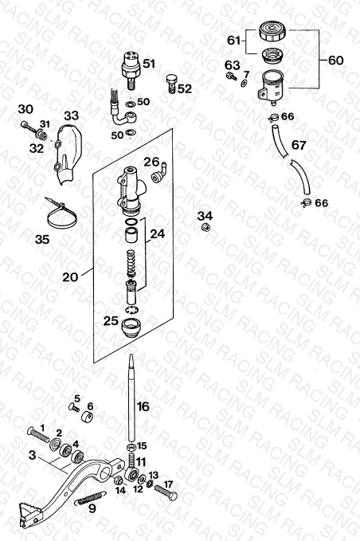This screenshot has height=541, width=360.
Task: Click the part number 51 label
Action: click(149, 64)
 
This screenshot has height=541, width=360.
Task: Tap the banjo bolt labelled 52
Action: click(170, 83)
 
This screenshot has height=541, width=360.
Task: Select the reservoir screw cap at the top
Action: click(272, 31)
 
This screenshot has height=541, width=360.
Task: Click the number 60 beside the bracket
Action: click(335, 61)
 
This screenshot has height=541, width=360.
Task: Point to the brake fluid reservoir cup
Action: click(270, 87)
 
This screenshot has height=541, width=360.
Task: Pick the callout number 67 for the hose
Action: click(299, 145)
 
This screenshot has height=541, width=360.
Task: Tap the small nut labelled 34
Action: click(205, 227)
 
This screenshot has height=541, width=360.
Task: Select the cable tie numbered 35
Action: click(61, 214)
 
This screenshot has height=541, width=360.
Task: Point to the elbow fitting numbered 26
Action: click(158, 174)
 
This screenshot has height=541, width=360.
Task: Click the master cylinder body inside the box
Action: click(131, 188)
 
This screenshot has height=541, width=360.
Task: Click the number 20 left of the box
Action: click(70, 276)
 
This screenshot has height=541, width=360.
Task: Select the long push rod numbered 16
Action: click(131, 398)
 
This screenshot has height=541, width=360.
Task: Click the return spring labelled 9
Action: click(90, 498)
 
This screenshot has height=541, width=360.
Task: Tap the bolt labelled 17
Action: click(166, 492)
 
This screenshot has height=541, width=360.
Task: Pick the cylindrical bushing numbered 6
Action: click(88, 418)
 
